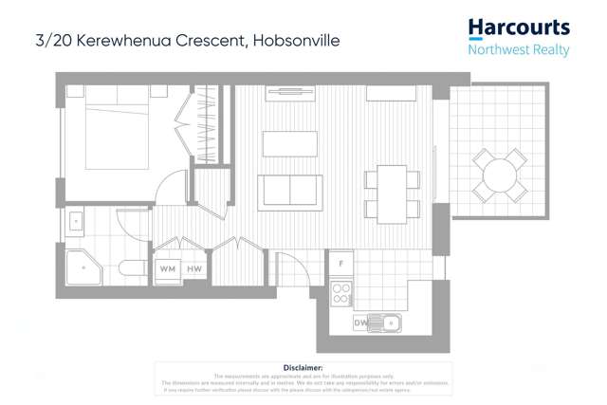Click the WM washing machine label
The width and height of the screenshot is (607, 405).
tap(168, 269)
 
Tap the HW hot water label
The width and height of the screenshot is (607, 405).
tap(193, 269)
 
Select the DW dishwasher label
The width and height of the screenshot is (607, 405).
tap(361, 323)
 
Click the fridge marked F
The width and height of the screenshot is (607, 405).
tap(340, 263)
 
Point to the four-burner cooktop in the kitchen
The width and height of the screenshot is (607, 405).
tap(340, 293)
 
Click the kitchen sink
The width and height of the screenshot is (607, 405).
tap(385, 322)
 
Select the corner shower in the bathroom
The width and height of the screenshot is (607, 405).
tap(83, 267)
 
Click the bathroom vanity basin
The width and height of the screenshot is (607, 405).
tap(75, 224)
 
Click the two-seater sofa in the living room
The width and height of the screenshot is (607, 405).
tap(289, 192)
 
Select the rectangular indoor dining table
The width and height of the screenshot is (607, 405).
tap(391, 193)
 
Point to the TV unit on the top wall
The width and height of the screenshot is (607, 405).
tap(290, 93)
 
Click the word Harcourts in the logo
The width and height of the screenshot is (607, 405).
tap(519, 28)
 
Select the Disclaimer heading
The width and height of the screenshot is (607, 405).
tap(303, 367)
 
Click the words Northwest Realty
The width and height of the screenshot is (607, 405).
tap(519, 48)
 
